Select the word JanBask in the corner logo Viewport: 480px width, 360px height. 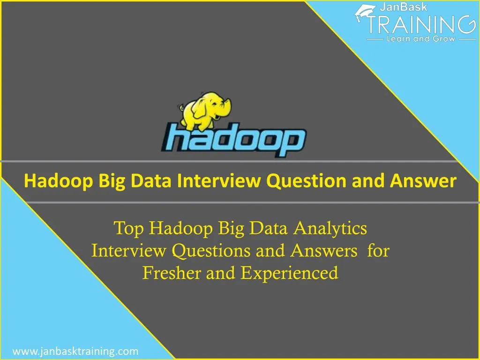pyautogui.click(x=402, y=7)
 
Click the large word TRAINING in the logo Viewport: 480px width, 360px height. pyautogui.click(x=419, y=23)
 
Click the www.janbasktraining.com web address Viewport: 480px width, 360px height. pyautogui.click(x=75, y=351)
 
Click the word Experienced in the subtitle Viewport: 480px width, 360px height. pyautogui.click(x=289, y=272)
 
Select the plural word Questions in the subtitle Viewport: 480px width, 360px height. pyautogui.click(x=211, y=251)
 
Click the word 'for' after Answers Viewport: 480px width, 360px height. pyautogui.click(x=378, y=251)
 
